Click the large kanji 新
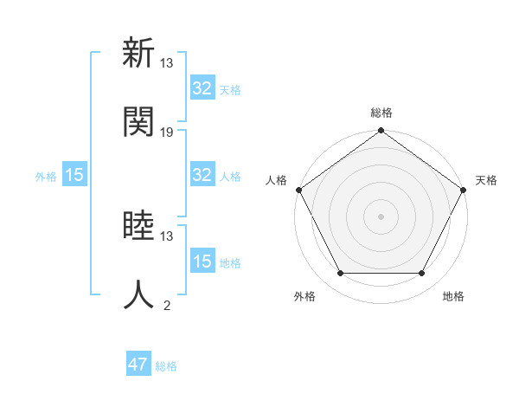[138, 54]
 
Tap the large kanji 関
[138, 122]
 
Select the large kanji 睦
[138, 227]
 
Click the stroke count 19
[167, 132]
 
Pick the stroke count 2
[167, 305]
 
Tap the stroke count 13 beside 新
[167, 63]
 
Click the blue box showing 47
[138, 365]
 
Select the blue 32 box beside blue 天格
[202, 88]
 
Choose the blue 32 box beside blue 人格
[202, 175]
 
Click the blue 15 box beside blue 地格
[202, 262]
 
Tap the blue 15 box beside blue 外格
[74, 175]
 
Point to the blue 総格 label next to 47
[166, 366]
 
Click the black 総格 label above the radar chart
[381, 113]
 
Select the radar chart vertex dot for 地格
[422, 274]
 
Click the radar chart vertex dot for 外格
[340, 274]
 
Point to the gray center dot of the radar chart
[381, 216]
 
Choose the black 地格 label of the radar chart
[453, 297]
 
